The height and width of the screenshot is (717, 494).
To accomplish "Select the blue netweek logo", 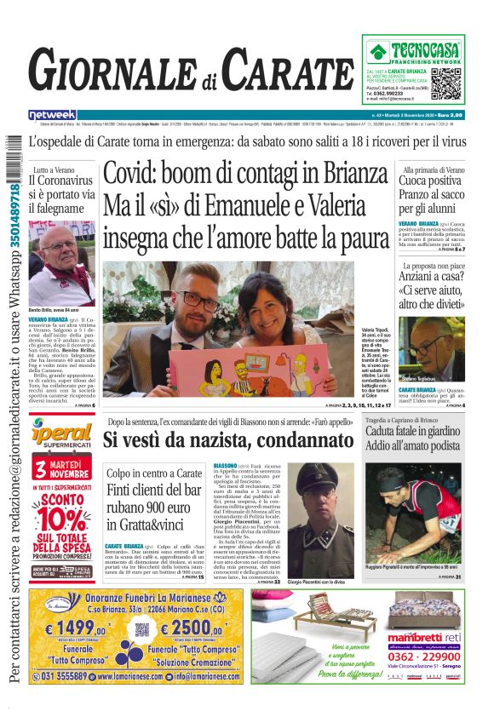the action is (52, 114).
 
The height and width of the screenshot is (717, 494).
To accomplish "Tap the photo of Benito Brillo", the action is (66, 264).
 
